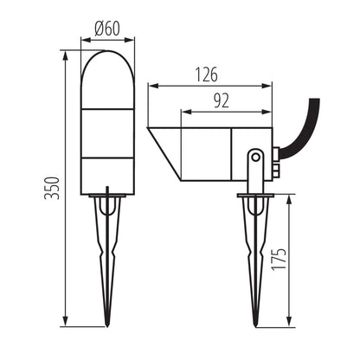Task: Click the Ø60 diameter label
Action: [106, 28]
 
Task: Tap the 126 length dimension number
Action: [206, 74]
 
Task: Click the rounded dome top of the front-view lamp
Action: [106, 65]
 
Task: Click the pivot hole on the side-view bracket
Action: [255, 157]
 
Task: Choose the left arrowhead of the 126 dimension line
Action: [151, 85]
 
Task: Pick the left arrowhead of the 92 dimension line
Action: [183, 111]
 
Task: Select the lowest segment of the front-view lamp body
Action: [106, 174]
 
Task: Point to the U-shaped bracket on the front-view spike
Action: [106, 206]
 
